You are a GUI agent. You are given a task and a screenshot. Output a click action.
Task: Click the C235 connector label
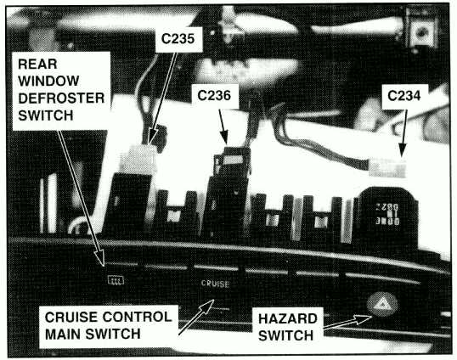click(178, 38)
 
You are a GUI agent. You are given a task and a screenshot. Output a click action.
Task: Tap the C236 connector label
click(214, 95)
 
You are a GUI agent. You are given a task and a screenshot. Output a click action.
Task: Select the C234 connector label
click(404, 96)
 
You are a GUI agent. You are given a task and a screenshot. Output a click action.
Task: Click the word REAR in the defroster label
click(37, 64)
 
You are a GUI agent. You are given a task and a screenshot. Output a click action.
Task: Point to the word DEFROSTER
click(61, 98)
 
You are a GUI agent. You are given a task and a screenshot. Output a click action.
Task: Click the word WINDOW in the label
click(48, 81)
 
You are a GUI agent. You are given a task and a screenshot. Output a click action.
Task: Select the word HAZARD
click(288, 318)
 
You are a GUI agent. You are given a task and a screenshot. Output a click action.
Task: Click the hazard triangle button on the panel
click(382, 305)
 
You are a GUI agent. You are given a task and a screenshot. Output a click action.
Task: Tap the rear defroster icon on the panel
click(116, 280)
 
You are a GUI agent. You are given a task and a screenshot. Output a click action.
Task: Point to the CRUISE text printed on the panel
click(215, 283)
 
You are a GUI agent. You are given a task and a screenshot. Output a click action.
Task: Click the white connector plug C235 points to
click(137, 159)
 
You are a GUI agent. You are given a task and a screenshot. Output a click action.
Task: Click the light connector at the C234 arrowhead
click(387, 167)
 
